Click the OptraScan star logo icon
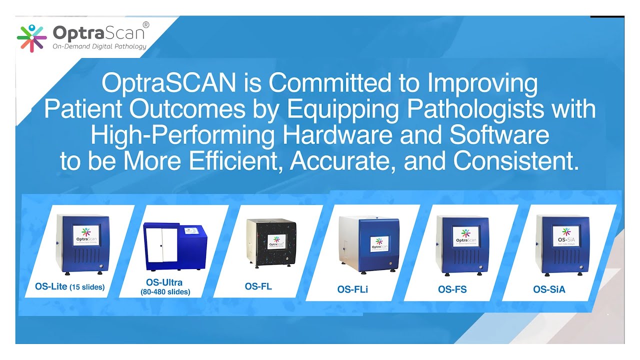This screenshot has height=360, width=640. tap(32, 38)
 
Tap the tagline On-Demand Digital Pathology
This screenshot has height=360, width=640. tap(99, 46)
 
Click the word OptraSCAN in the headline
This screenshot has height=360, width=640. tap(168, 83)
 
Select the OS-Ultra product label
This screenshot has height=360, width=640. tap(164, 282)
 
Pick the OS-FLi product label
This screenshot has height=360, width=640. tap(352, 289)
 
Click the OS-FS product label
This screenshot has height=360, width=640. tap(452, 289)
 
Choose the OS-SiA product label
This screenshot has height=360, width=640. tap(549, 289)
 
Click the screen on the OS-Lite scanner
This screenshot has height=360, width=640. tap(86, 235)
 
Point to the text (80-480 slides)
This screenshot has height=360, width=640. tap(165, 291)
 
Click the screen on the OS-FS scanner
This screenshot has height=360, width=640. tap(466, 236)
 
